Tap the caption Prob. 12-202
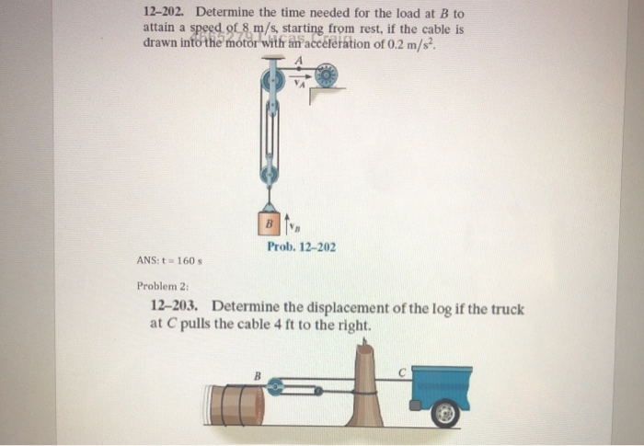point(302,247)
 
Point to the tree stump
point(365,386)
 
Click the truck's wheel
point(446,414)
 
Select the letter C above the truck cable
point(402,372)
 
